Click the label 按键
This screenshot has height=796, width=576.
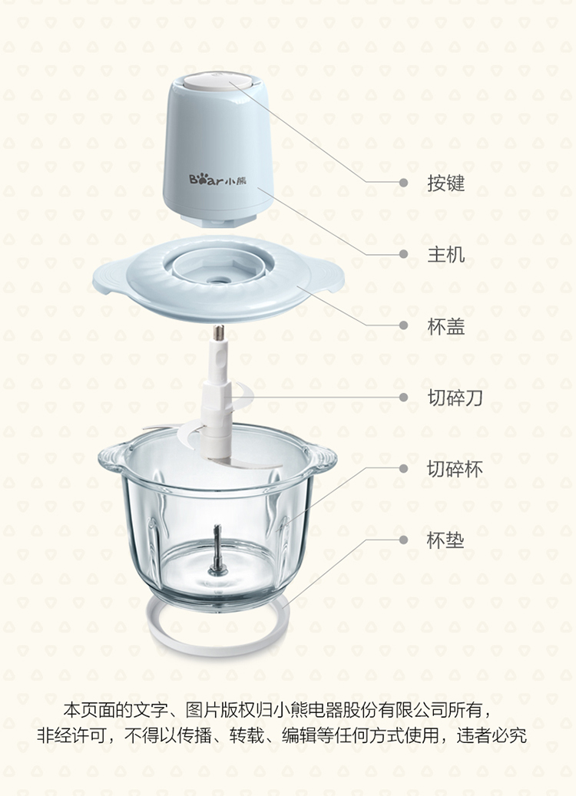click(x=446, y=183)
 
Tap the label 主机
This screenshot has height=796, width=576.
click(x=446, y=254)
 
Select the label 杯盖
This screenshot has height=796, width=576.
click(x=446, y=326)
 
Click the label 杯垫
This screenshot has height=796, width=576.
click(x=446, y=540)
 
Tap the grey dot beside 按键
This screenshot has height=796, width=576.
click(x=403, y=182)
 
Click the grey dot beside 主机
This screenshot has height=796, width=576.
click(x=403, y=254)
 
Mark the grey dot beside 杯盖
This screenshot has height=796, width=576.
click(x=403, y=325)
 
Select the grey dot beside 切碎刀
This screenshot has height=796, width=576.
click(x=403, y=397)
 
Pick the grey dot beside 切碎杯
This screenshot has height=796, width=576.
click(x=403, y=468)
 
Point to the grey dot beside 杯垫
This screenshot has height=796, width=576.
click(x=403, y=540)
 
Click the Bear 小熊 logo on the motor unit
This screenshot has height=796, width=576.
click(x=217, y=179)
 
